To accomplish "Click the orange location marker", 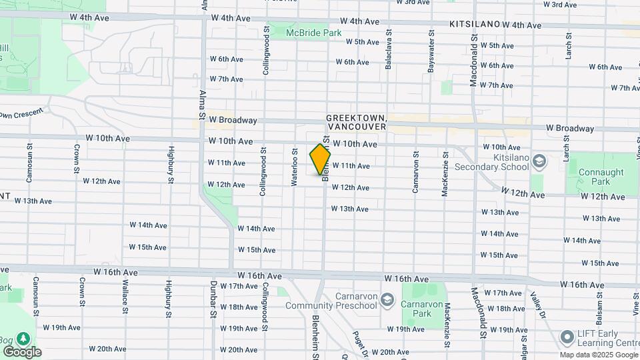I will (320, 160).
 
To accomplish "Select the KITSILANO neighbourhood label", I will (474, 24).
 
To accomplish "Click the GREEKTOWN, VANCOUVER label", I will (356, 121).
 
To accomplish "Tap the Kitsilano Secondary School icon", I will (539, 160).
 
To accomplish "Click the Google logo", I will (22, 351).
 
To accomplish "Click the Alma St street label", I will (201, 103).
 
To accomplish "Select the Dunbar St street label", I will (214, 303).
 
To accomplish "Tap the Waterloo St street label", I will (294, 163).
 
